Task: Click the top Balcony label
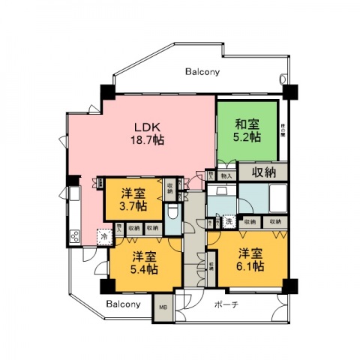click(202, 72)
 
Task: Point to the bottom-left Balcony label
click(123, 304)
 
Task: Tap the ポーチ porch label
click(226, 304)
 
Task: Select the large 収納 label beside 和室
click(262, 172)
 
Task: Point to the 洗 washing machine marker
click(227, 222)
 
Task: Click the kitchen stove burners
click(76, 237)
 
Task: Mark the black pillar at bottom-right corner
click(289, 286)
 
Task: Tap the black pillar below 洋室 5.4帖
click(106, 287)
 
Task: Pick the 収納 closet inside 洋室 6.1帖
click(212, 265)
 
